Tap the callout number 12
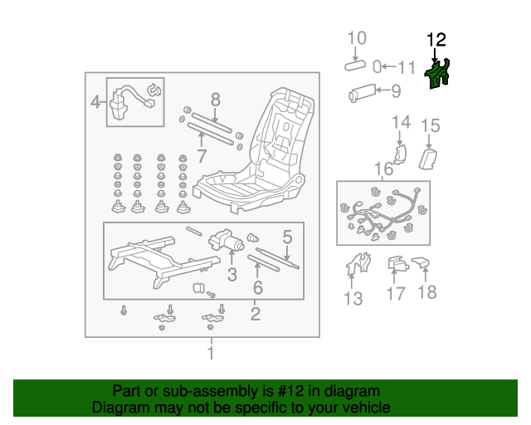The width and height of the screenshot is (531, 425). pos(436,39)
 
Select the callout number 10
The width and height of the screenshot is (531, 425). pos(356,37)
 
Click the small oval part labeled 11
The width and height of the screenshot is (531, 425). pos(378,66)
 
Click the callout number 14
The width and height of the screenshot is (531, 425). pos(401,123)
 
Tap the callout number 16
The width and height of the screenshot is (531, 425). pos(382,170)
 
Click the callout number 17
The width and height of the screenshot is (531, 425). pos(396,292)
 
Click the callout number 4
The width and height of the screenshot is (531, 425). pos(96,103)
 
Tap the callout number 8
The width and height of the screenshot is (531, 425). pos(215,100)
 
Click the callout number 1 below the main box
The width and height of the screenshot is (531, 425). pos(211,354)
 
